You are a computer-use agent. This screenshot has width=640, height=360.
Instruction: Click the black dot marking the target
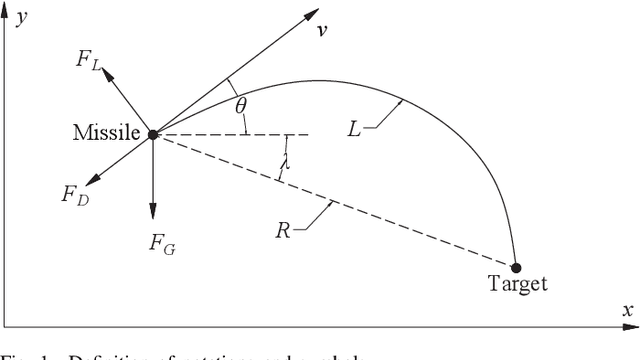[x=516, y=267]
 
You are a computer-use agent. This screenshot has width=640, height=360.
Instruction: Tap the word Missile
[x=107, y=133]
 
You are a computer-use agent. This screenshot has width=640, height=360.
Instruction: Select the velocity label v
[x=322, y=31]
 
